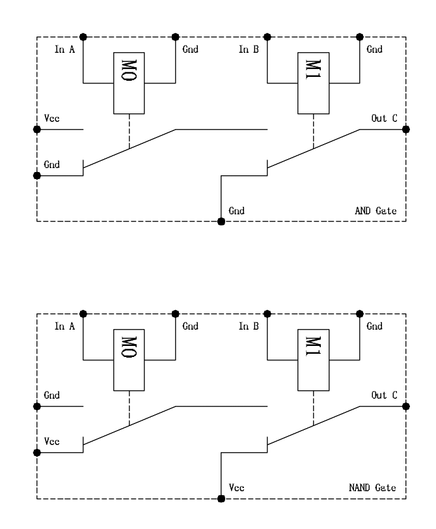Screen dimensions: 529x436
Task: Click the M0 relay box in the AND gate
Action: [x=129, y=82]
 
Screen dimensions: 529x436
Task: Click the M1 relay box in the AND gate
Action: [x=313, y=82]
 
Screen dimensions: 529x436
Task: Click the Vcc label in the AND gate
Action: [x=50, y=119]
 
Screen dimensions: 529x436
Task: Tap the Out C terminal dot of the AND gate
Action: [x=406, y=129]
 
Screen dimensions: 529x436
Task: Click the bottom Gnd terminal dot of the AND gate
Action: [x=221, y=222]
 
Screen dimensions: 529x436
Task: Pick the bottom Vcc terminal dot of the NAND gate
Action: [x=221, y=499]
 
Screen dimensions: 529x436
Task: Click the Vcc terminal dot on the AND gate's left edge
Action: [x=37, y=129]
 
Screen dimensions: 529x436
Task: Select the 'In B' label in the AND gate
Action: [x=249, y=50]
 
